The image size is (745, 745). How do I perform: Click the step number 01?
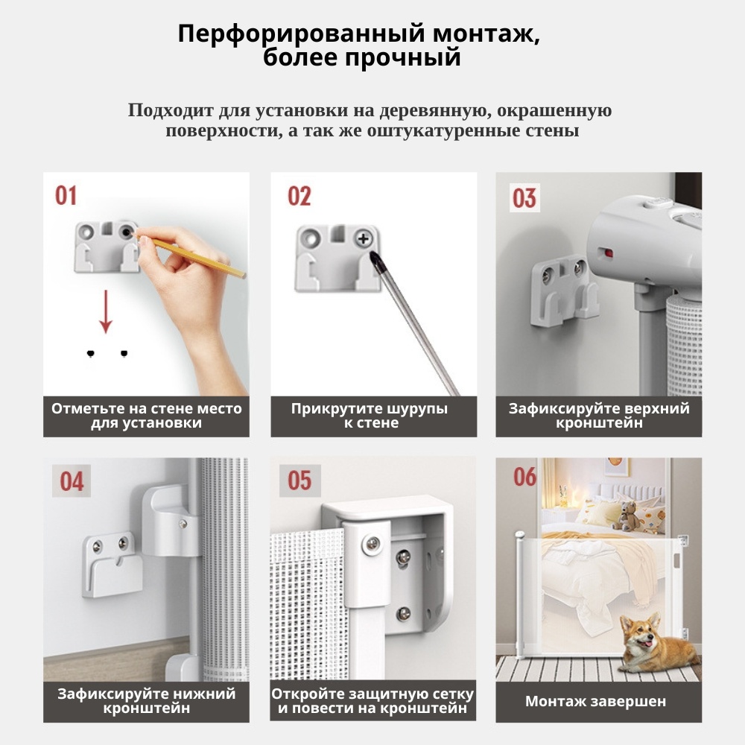tap(66, 195)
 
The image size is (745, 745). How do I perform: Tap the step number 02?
tap(299, 196)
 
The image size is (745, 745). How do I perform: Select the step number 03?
tap(524, 197)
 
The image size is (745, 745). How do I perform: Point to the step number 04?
tap(72, 481)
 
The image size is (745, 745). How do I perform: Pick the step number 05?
tap(299, 481)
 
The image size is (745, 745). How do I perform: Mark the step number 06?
tap(524, 477)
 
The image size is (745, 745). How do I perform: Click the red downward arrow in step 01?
tap(106, 311)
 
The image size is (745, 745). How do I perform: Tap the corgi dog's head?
tap(639, 633)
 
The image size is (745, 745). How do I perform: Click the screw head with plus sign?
tap(364, 238)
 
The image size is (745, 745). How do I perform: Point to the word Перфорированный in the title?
tap(302, 35)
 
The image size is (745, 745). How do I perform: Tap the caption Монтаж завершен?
tap(595, 701)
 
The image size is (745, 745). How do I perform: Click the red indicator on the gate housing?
tap(606, 253)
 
